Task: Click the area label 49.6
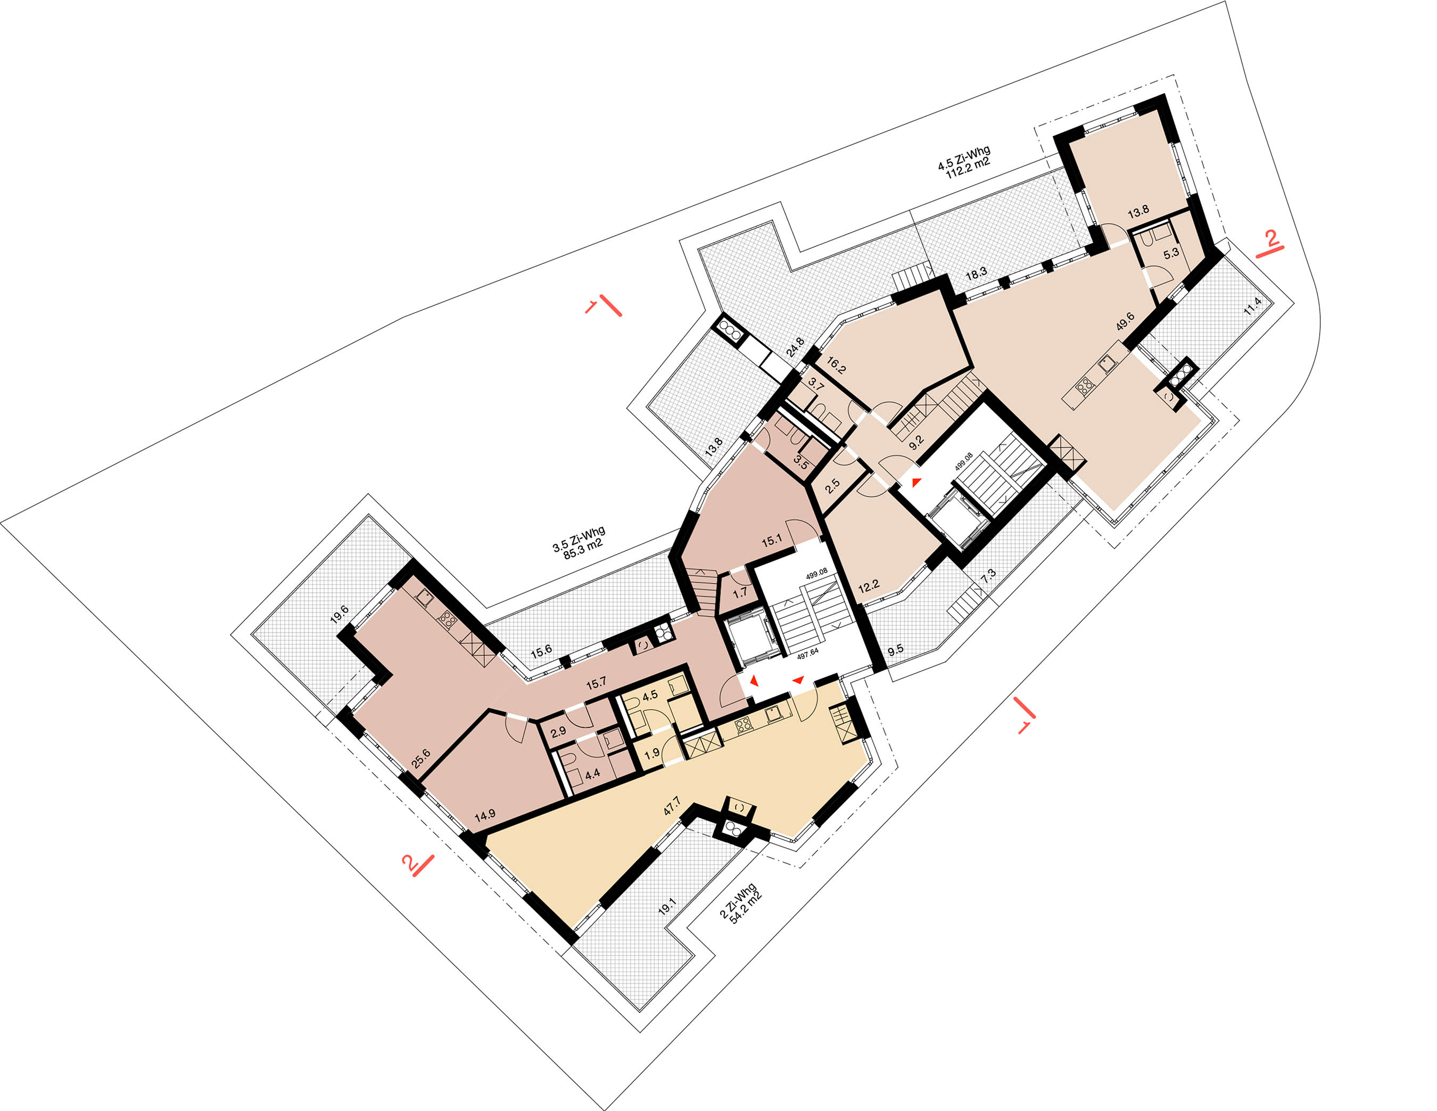pos(1125,320)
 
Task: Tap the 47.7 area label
pos(672,807)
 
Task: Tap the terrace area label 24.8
pos(796,346)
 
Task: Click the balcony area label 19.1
pos(667,908)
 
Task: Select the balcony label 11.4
pos(1253,306)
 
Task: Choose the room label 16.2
pos(836,365)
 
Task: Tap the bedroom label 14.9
pos(485,816)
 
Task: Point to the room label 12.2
pos(869,585)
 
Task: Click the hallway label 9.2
pos(916,441)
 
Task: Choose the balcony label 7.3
pos(988,576)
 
